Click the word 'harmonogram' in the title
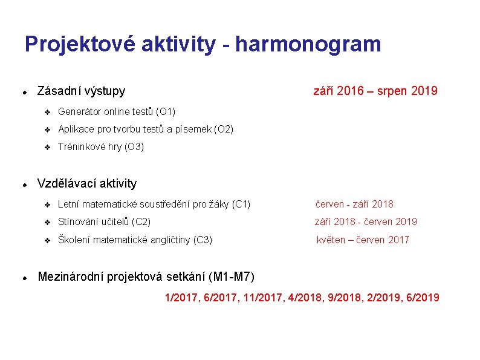click(308, 45)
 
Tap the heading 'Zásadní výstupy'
click(81, 91)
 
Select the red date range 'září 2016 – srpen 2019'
click(375, 91)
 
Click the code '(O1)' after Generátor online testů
click(166, 112)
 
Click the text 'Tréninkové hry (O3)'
click(100, 147)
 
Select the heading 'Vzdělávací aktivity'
click(87, 183)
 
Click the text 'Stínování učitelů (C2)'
click(104, 222)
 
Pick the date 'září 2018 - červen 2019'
click(365, 222)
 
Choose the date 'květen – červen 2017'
click(363, 240)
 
